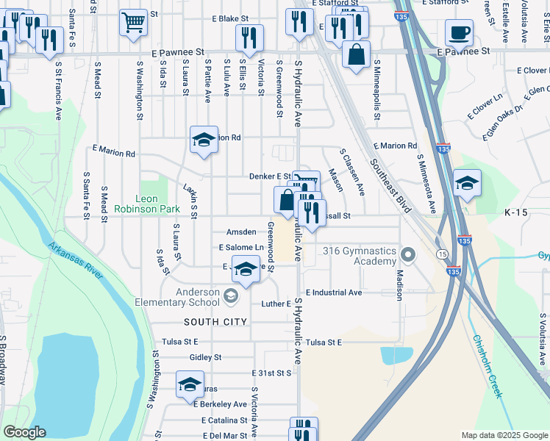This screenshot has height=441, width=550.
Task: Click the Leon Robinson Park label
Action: [147, 204]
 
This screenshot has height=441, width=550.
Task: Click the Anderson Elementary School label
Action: [177, 297]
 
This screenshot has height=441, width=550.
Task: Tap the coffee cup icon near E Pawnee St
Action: [459, 33]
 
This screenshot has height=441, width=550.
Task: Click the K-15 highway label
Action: [517, 212]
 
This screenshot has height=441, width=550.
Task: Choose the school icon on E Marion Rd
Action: [204, 140]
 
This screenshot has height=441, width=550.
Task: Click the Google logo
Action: [24, 432]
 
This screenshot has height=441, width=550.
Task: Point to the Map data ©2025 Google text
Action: [504, 434]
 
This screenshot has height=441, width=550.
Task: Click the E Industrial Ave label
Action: [334, 293]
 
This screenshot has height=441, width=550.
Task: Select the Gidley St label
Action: [205, 357]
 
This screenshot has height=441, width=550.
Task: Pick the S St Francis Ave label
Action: [58, 90]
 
